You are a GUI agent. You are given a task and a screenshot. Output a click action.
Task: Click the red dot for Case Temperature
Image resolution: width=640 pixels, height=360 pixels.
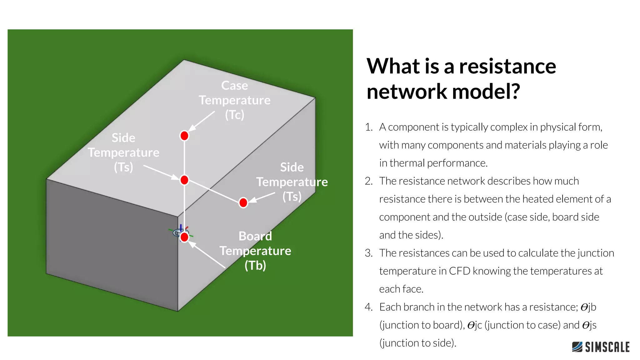[184, 136]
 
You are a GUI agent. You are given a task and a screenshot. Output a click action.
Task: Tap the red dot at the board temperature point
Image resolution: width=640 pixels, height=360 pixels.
[184, 237]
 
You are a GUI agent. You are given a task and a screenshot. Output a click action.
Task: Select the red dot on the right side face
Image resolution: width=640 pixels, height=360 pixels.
[243, 202]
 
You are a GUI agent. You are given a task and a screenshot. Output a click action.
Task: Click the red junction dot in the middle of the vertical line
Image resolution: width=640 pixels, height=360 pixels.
[184, 180]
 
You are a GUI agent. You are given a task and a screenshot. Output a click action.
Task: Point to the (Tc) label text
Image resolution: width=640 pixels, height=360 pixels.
[234, 115]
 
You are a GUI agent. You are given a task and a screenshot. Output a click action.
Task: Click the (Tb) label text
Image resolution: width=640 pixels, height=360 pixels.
[255, 265]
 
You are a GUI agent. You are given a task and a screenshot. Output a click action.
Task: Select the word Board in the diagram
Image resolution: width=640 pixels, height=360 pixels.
[255, 236]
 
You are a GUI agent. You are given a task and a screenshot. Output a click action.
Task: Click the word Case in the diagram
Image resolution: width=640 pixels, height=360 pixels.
[234, 85]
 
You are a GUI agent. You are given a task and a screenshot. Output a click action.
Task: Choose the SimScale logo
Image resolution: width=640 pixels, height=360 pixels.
[601, 347]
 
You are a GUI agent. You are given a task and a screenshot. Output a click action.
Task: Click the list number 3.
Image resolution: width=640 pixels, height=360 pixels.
[368, 253]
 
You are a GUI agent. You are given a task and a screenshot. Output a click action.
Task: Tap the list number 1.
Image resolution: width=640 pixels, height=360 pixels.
[368, 127]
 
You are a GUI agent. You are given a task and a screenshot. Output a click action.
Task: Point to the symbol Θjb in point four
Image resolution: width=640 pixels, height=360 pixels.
[588, 307]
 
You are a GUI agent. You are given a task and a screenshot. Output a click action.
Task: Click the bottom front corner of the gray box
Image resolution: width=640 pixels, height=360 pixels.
[178, 311]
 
